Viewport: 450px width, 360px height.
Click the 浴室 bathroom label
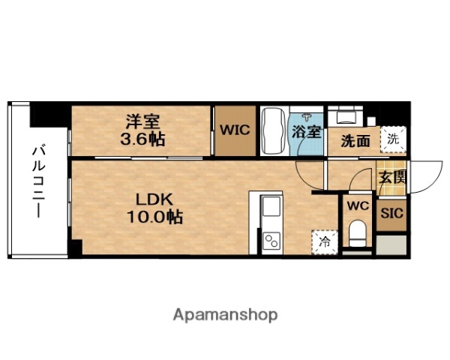pyautogui.click(x=306, y=132)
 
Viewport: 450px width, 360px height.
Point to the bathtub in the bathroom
pyautogui.click(x=272, y=130)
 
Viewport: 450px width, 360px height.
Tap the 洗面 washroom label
pyautogui.click(x=355, y=140)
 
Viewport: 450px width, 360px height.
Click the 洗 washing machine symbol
pyautogui.click(x=391, y=138)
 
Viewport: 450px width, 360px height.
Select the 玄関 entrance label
pyautogui.click(x=391, y=178)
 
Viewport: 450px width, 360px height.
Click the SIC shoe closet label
pyautogui.click(x=391, y=212)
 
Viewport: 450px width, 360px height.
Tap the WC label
pyautogui.click(x=355, y=204)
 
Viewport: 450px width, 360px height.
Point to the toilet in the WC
pyautogui.click(x=357, y=234)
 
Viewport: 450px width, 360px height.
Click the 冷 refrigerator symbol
pyautogui.click(x=324, y=241)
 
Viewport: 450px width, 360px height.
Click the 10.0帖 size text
pyautogui.click(x=155, y=217)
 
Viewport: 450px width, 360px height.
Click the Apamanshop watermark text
pyautogui.click(x=226, y=314)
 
